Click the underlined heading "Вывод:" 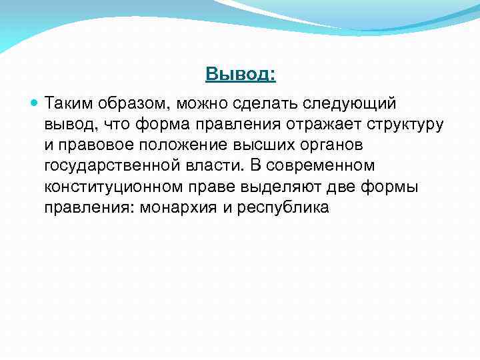(x=240, y=73)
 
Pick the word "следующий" (x=350, y=104)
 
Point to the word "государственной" (x=111, y=166)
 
